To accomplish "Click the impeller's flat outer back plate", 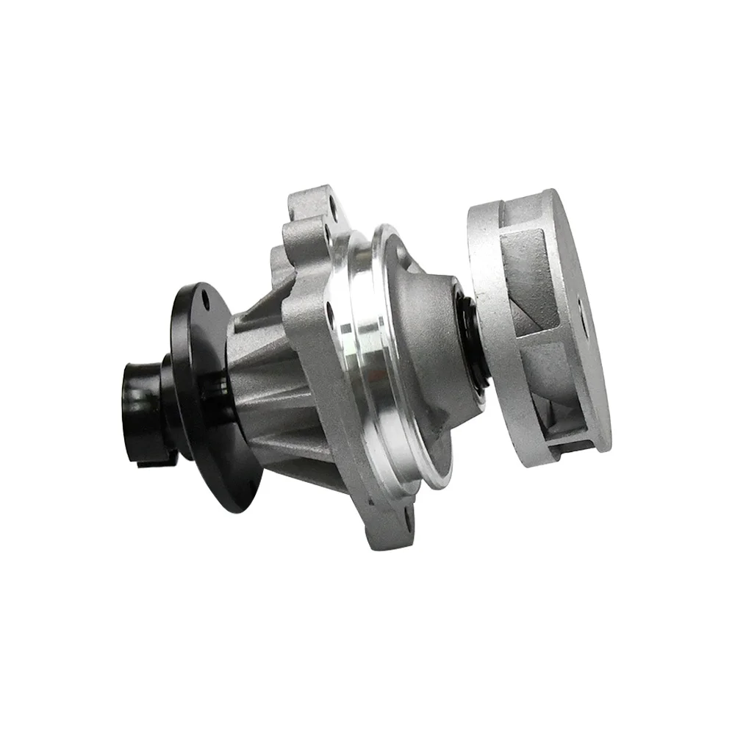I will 581,323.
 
